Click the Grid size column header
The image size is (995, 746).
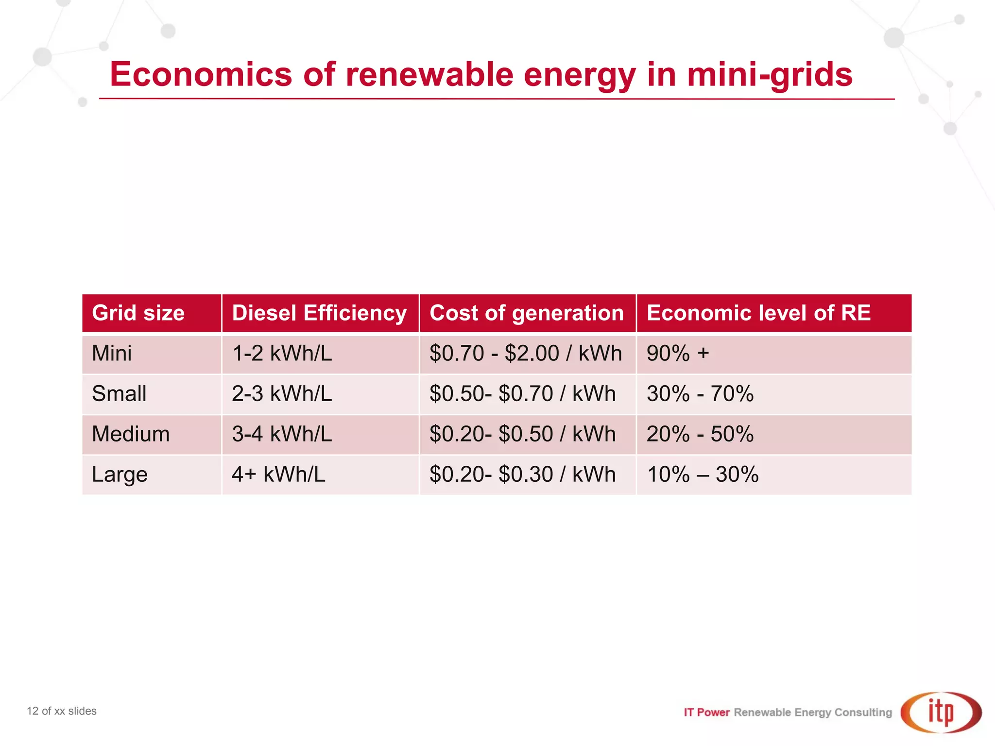(138, 313)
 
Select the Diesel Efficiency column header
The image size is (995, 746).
(319, 313)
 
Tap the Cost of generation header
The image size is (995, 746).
(526, 313)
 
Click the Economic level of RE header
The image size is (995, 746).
(758, 313)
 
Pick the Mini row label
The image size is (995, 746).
(112, 353)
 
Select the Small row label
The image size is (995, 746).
(119, 393)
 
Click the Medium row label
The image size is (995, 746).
(131, 434)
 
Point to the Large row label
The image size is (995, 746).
(120, 474)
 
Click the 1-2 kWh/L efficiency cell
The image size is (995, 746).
(282, 353)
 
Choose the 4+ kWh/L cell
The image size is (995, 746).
(278, 474)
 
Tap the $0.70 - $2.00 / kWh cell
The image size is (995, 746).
(525, 353)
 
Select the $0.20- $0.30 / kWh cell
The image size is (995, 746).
(522, 474)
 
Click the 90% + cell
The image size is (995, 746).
(678, 353)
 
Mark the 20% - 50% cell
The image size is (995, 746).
(700, 434)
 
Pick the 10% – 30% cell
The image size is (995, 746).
(703, 474)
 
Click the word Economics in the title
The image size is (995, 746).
(201, 75)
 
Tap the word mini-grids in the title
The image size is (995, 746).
(769, 75)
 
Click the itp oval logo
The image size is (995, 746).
(941, 712)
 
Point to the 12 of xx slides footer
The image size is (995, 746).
(62, 711)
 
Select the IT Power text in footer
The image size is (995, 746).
(706, 712)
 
